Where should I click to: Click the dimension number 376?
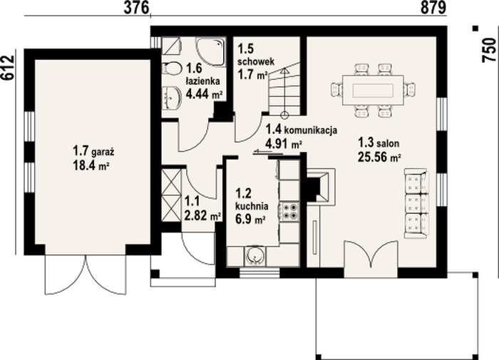pos(136,8)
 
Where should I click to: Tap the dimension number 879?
pos(433,8)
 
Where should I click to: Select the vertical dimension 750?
pos(489,50)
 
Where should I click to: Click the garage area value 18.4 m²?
pos(89,165)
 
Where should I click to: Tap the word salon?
pos(388,143)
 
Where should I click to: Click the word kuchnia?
pos(252,206)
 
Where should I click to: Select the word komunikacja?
pos(310,130)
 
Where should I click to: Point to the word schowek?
pos(256,61)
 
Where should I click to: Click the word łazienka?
pos(202,81)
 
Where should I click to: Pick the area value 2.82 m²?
pos(202,216)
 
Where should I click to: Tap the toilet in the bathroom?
pos(171,68)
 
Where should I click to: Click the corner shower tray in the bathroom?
pos(211,51)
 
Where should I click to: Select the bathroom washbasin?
pos(171,97)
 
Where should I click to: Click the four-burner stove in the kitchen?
pos(289,211)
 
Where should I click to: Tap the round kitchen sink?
pos(255,256)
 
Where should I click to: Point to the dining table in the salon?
pos(373,90)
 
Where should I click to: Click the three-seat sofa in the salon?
pos(416,204)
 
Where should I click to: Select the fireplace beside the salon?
pos(321,185)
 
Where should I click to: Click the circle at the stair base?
pos(284,115)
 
